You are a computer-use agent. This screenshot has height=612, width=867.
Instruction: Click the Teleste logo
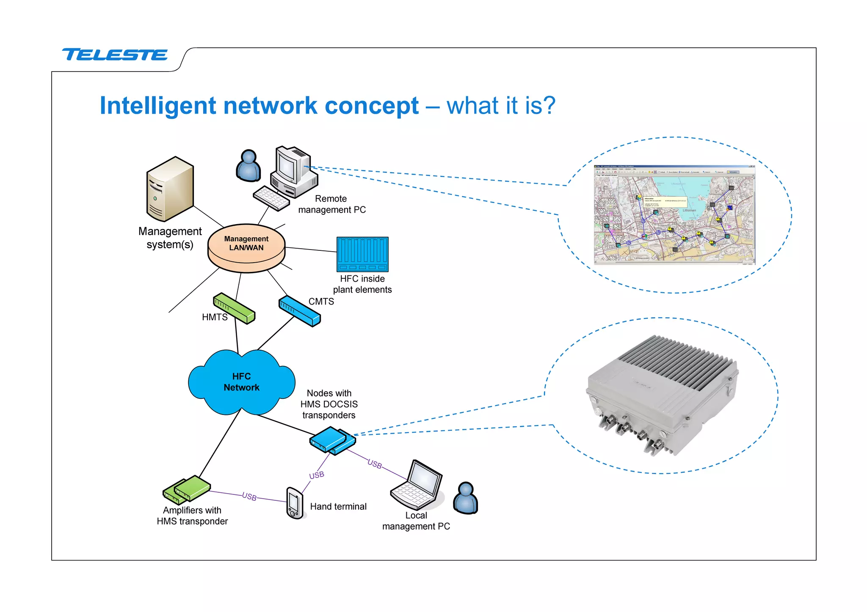(115, 55)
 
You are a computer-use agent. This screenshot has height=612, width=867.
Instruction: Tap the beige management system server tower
(170, 189)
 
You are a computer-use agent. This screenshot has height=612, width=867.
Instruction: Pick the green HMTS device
(234, 308)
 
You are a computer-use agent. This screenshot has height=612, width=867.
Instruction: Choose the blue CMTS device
(299, 311)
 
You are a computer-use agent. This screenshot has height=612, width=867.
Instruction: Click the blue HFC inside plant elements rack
(362, 254)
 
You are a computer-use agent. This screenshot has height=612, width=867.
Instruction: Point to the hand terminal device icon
(295, 503)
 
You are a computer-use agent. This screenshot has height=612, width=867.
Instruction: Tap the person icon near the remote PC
(249, 166)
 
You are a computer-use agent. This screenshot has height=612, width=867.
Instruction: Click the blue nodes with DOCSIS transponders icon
(332, 440)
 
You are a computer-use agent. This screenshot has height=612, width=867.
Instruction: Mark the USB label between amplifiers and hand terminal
(249, 497)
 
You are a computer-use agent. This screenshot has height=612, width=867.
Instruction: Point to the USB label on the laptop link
(375, 464)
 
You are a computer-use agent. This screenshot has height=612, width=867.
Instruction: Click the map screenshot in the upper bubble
(674, 215)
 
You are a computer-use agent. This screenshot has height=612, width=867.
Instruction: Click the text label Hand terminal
(338, 507)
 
